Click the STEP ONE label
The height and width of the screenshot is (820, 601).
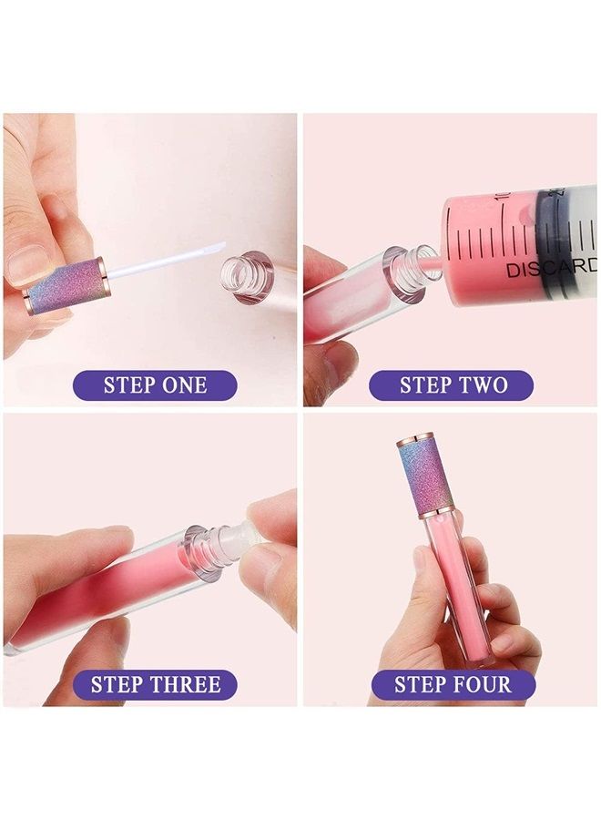155,384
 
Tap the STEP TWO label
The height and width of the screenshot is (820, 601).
452,384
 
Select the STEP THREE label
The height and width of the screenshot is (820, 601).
155,684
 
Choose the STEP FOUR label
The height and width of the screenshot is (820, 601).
452,684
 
